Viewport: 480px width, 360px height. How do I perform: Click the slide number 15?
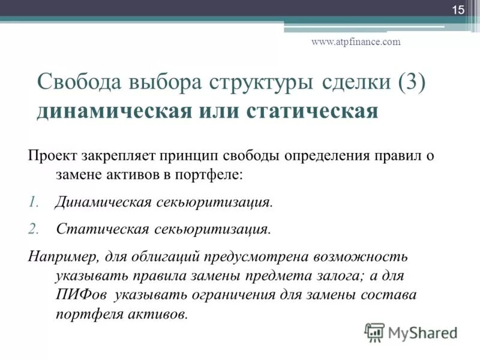[458, 10]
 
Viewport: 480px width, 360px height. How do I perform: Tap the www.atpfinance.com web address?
[356, 41]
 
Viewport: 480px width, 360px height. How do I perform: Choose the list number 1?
[32, 202]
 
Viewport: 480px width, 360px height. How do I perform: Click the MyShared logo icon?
[374, 331]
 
